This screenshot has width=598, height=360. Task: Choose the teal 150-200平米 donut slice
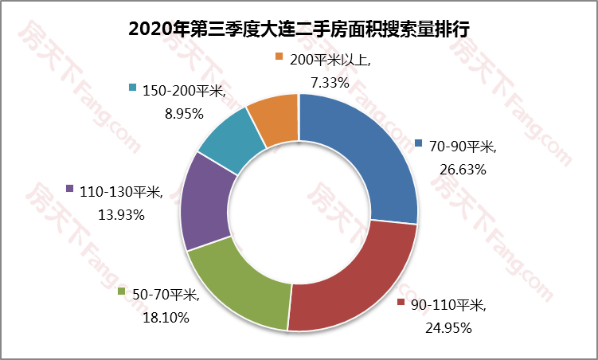pyautogui.click(x=233, y=140)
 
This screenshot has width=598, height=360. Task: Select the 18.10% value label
pyautogui.click(x=166, y=318)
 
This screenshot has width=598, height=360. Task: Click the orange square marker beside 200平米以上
pyautogui.click(x=278, y=57)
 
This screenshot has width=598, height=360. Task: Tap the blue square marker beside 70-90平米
pyautogui.click(x=419, y=144)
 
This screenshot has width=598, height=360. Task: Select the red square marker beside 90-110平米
pyautogui.click(x=402, y=303)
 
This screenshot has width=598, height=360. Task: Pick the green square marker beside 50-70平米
pyautogui.click(x=122, y=292)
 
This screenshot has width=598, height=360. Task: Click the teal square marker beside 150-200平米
pyautogui.click(x=133, y=88)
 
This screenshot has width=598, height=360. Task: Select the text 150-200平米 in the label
pyautogui.click(x=184, y=91)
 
